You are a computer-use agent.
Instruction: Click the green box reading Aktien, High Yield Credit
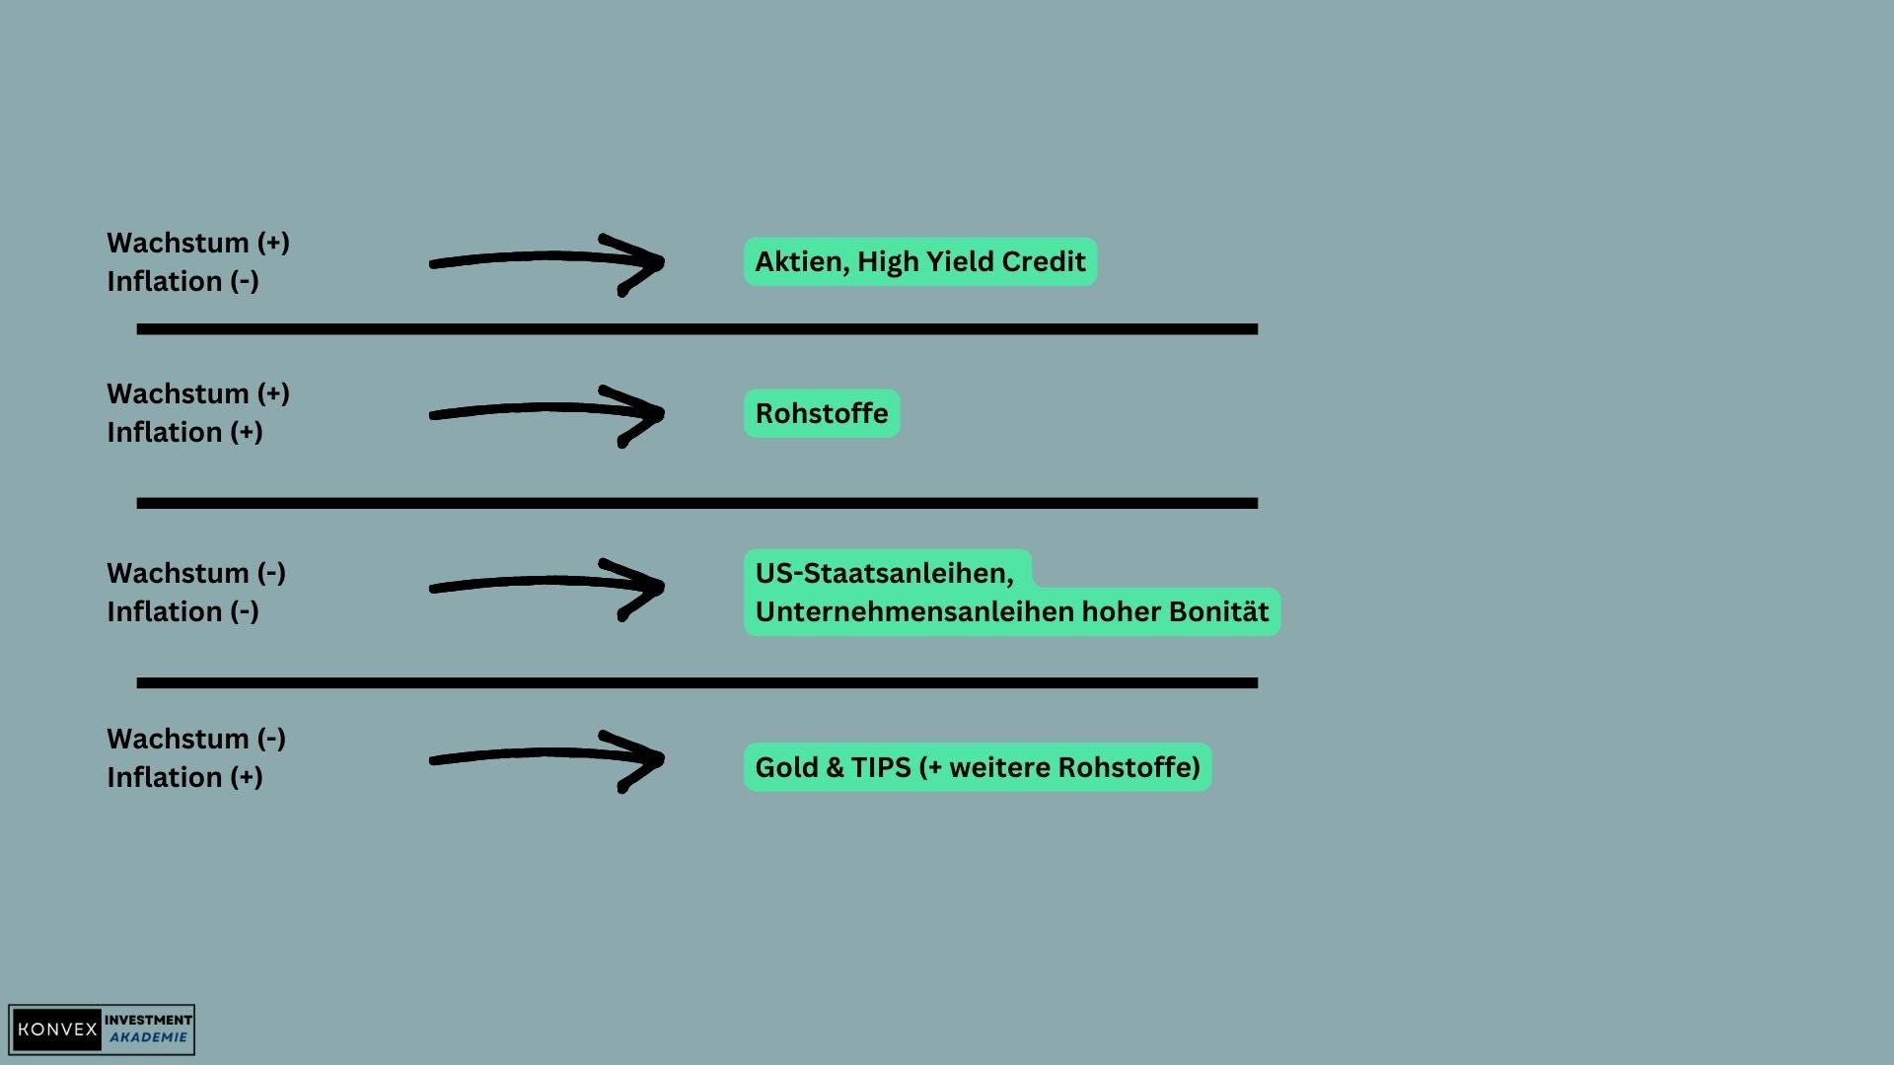click(919, 261)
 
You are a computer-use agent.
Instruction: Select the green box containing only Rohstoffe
click(821, 413)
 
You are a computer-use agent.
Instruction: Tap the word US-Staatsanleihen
click(884, 573)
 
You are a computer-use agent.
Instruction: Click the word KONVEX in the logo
click(57, 1029)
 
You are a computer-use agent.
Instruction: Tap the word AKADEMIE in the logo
click(148, 1037)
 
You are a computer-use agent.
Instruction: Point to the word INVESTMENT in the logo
click(148, 1020)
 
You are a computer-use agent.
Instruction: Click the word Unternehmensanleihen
click(913, 611)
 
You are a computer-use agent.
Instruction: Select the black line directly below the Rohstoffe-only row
click(696, 503)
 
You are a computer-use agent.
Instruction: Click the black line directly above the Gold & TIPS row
click(696, 682)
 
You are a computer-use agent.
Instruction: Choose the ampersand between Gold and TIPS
click(835, 767)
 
